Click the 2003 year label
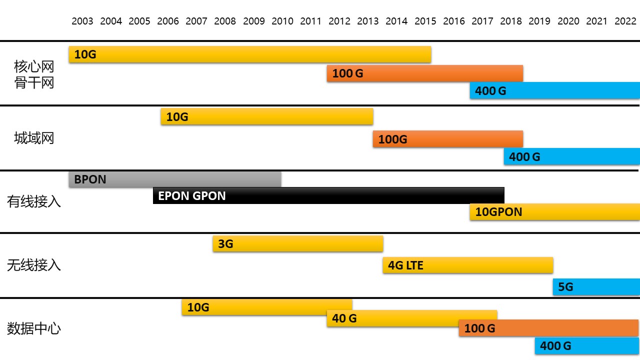tap(82, 21)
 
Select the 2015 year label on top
tap(425, 21)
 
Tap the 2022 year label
tap(625, 21)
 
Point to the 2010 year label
tap(282, 21)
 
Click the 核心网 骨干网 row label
tap(34, 74)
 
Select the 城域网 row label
tap(34, 138)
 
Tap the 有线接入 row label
tap(34, 201)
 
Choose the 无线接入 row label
tap(34, 265)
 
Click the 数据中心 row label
tap(34, 328)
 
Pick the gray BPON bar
tap(175, 179)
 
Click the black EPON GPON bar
tap(328, 195)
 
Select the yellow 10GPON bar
tap(554, 212)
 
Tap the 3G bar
tap(298, 244)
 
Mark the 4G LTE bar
tap(468, 265)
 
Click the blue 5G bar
tap(596, 287)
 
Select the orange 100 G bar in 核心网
tap(425, 73)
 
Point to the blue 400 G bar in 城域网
tap(571, 157)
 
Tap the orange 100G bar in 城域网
tap(447, 139)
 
